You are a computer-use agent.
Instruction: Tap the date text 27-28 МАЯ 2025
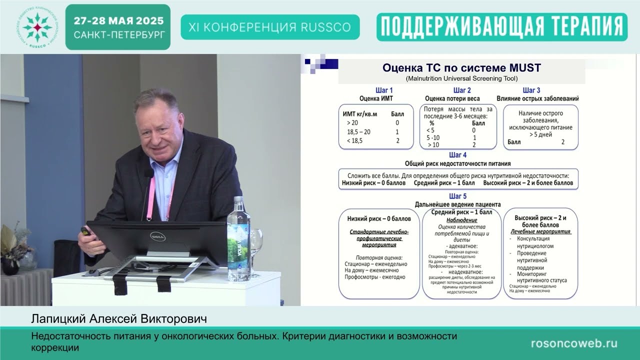[x=118, y=21]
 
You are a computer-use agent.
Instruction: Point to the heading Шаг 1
[x=384, y=90]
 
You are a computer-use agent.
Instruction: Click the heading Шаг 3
[x=531, y=90]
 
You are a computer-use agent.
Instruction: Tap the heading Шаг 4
[x=458, y=155]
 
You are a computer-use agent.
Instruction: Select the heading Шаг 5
[x=458, y=196]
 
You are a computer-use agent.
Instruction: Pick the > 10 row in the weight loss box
[x=433, y=145]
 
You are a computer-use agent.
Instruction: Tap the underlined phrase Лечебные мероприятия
[x=540, y=232]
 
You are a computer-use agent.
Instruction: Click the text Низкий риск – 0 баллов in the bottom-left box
[x=379, y=219]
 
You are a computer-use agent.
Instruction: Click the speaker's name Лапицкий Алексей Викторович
[x=119, y=318]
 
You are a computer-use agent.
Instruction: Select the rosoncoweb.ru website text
[x=573, y=343]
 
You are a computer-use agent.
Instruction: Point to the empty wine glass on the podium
[x=256, y=240]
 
